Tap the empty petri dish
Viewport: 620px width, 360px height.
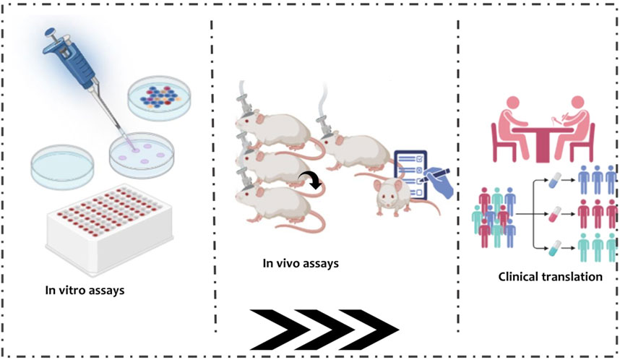pyautogui.click(x=66, y=163)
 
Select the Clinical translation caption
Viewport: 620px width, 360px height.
pyautogui.click(x=551, y=276)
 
